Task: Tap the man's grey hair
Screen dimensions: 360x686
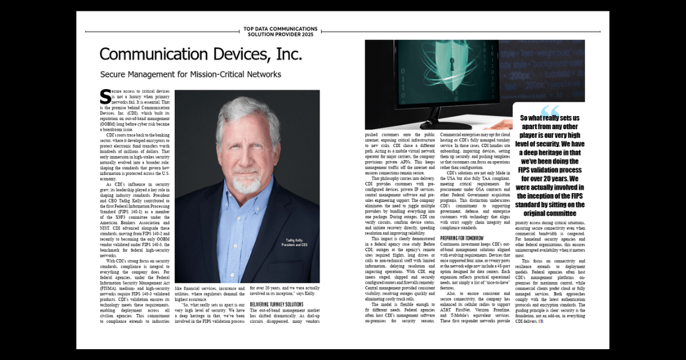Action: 246,111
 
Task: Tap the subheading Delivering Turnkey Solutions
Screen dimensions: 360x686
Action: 277,304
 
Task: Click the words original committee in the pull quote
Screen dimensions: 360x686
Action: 549,213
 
